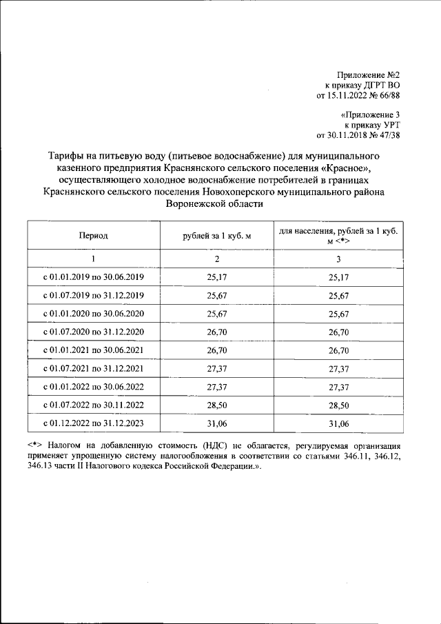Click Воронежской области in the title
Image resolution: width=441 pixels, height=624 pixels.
point(214,205)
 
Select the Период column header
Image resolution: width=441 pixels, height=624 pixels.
point(93,236)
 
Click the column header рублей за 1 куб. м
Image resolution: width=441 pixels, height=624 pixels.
point(216,236)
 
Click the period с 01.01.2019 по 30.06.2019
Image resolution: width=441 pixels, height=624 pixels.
point(93,277)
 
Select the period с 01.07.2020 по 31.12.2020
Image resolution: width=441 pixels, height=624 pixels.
point(93,331)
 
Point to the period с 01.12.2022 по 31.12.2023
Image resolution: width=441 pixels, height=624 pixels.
point(93,421)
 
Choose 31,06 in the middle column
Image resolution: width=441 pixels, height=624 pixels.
point(216,421)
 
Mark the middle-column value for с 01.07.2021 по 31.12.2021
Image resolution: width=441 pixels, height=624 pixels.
point(216,368)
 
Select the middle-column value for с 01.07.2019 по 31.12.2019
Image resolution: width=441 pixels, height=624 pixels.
point(216,295)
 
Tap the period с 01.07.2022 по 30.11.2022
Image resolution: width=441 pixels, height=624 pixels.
point(93,403)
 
